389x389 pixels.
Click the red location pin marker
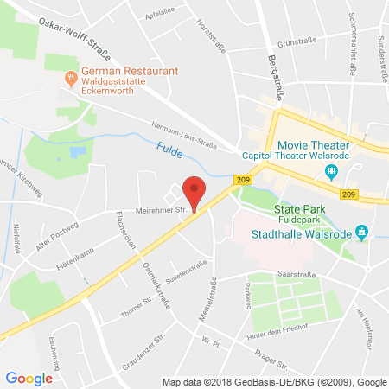[195, 193]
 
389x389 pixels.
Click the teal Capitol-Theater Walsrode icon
[331, 171]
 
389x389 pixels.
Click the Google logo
[29, 378]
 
